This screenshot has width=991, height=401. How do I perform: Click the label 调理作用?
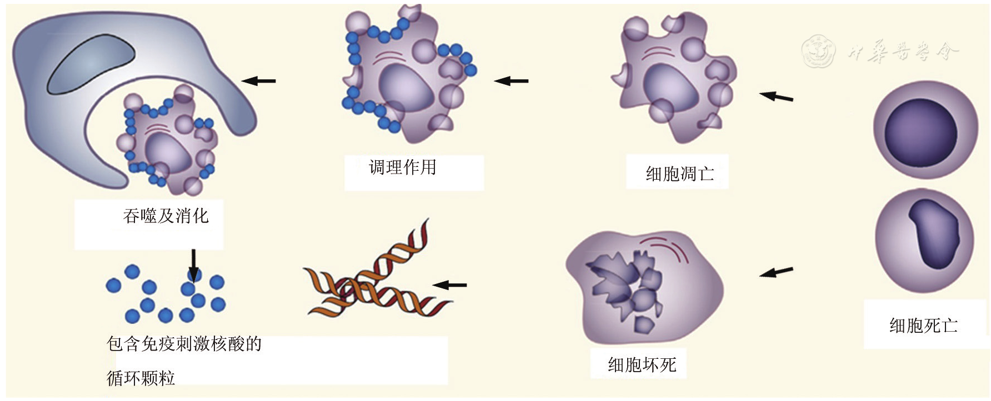pyautogui.click(x=403, y=167)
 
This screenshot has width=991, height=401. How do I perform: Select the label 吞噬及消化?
pyautogui.click(x=166, y=216)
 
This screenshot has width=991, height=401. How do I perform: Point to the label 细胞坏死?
pyautogui.click(x=642, y=365)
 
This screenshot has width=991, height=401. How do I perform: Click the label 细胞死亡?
pyautogui.click(x=923, y=326)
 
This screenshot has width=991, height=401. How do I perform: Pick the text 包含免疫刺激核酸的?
pyautogui.click(x=184, y=344)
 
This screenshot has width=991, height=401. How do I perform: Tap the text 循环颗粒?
pyautogui.click(x=141, y=378)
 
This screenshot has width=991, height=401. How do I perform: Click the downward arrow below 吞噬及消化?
pyautogui.click(x=193, y=265)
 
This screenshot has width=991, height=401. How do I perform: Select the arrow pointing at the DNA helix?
pyautogui.click(x=449, y=285)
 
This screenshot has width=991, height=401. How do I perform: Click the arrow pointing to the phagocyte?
pyautogui.click(x=259, y=81)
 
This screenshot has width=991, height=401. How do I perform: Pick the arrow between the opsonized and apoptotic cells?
pyautogui.click(x=511, y=81)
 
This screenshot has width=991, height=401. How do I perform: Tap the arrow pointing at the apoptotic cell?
pyautogui.click(x=776, y=97)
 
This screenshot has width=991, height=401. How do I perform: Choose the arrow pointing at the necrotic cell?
pyautogui.click(x=776, y=272)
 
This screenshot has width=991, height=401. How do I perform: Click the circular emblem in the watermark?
pyautogui.click(x=818, y=52)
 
